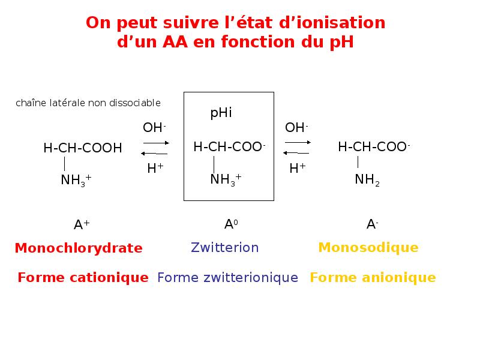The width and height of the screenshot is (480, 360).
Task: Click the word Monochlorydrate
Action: click(79, 248)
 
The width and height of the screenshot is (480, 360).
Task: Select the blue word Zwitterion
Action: click(224, 247)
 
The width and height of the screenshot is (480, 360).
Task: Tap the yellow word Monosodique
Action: click(368, 247)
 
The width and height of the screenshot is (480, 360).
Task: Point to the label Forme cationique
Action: click(83, 277)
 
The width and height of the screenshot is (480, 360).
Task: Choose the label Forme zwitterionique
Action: click(227, 277)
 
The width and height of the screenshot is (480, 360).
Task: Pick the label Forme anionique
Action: click(373, 277)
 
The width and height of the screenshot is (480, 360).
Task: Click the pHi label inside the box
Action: click(221, 113)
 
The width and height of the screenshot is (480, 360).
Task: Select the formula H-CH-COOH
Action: click(83, 148)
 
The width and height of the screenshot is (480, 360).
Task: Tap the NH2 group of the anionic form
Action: click(367, 179)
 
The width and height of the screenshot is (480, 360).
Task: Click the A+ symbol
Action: click(82, 225)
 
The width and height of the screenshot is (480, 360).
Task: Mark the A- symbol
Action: click(372, 224)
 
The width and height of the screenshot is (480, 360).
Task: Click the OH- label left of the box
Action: click(154, 127)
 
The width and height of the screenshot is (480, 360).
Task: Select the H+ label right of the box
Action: click(297, 169)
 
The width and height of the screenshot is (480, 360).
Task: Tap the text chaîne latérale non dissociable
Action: click(88, 103)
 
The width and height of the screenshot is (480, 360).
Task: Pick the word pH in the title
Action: click(340, 43)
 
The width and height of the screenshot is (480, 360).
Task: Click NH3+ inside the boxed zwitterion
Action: click(226, 179)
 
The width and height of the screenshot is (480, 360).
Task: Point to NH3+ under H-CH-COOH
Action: click(76, 179)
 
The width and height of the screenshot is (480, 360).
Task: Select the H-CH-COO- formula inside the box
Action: click(229, 147)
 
